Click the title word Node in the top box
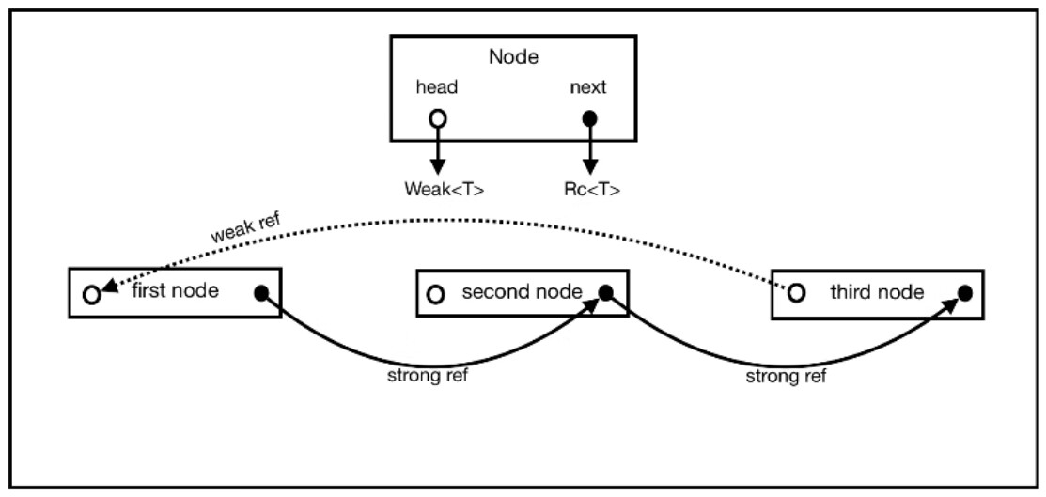click(x=513, y=56)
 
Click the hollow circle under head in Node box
click(x=437, y=119)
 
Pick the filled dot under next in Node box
click(x=590, y=119)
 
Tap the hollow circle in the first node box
click(x=91, y=294)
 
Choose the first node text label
click(x=177, y=290)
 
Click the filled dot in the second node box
click(x=606, y=293)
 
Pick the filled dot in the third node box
click(x=964, y=293)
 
